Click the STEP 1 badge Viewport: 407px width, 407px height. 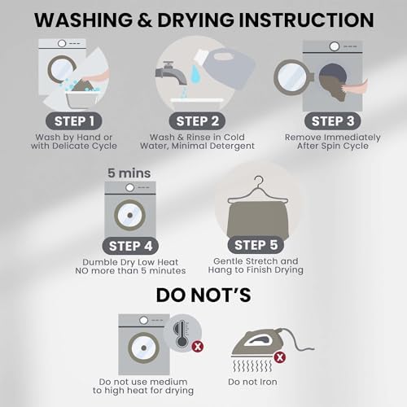tap(74, 121)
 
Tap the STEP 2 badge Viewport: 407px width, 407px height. tap(197, 121)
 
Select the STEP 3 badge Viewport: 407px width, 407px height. tap(333, 121)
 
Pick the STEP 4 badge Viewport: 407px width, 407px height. tap(130, 246)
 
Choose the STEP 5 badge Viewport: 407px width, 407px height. tap(256, 245)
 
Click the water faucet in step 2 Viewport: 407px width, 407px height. tap(172, 74)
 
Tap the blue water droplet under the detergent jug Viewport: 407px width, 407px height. tap(195, 73)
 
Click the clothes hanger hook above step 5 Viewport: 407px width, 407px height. tap(259, 181)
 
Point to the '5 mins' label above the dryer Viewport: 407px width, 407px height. tap(129, 173)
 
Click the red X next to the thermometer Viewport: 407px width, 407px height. tap(198, 347)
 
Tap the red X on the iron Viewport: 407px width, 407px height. tap(280, 357)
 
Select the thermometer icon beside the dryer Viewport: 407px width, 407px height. tap(182, 335)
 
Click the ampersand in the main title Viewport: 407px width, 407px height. tap(145, 20)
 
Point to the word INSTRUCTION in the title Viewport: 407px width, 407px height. tap(306, 20)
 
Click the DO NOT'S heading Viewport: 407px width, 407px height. tap(203, 295)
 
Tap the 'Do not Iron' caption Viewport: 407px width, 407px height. tap(252, 382)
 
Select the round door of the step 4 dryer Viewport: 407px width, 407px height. tap(130, 215)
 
